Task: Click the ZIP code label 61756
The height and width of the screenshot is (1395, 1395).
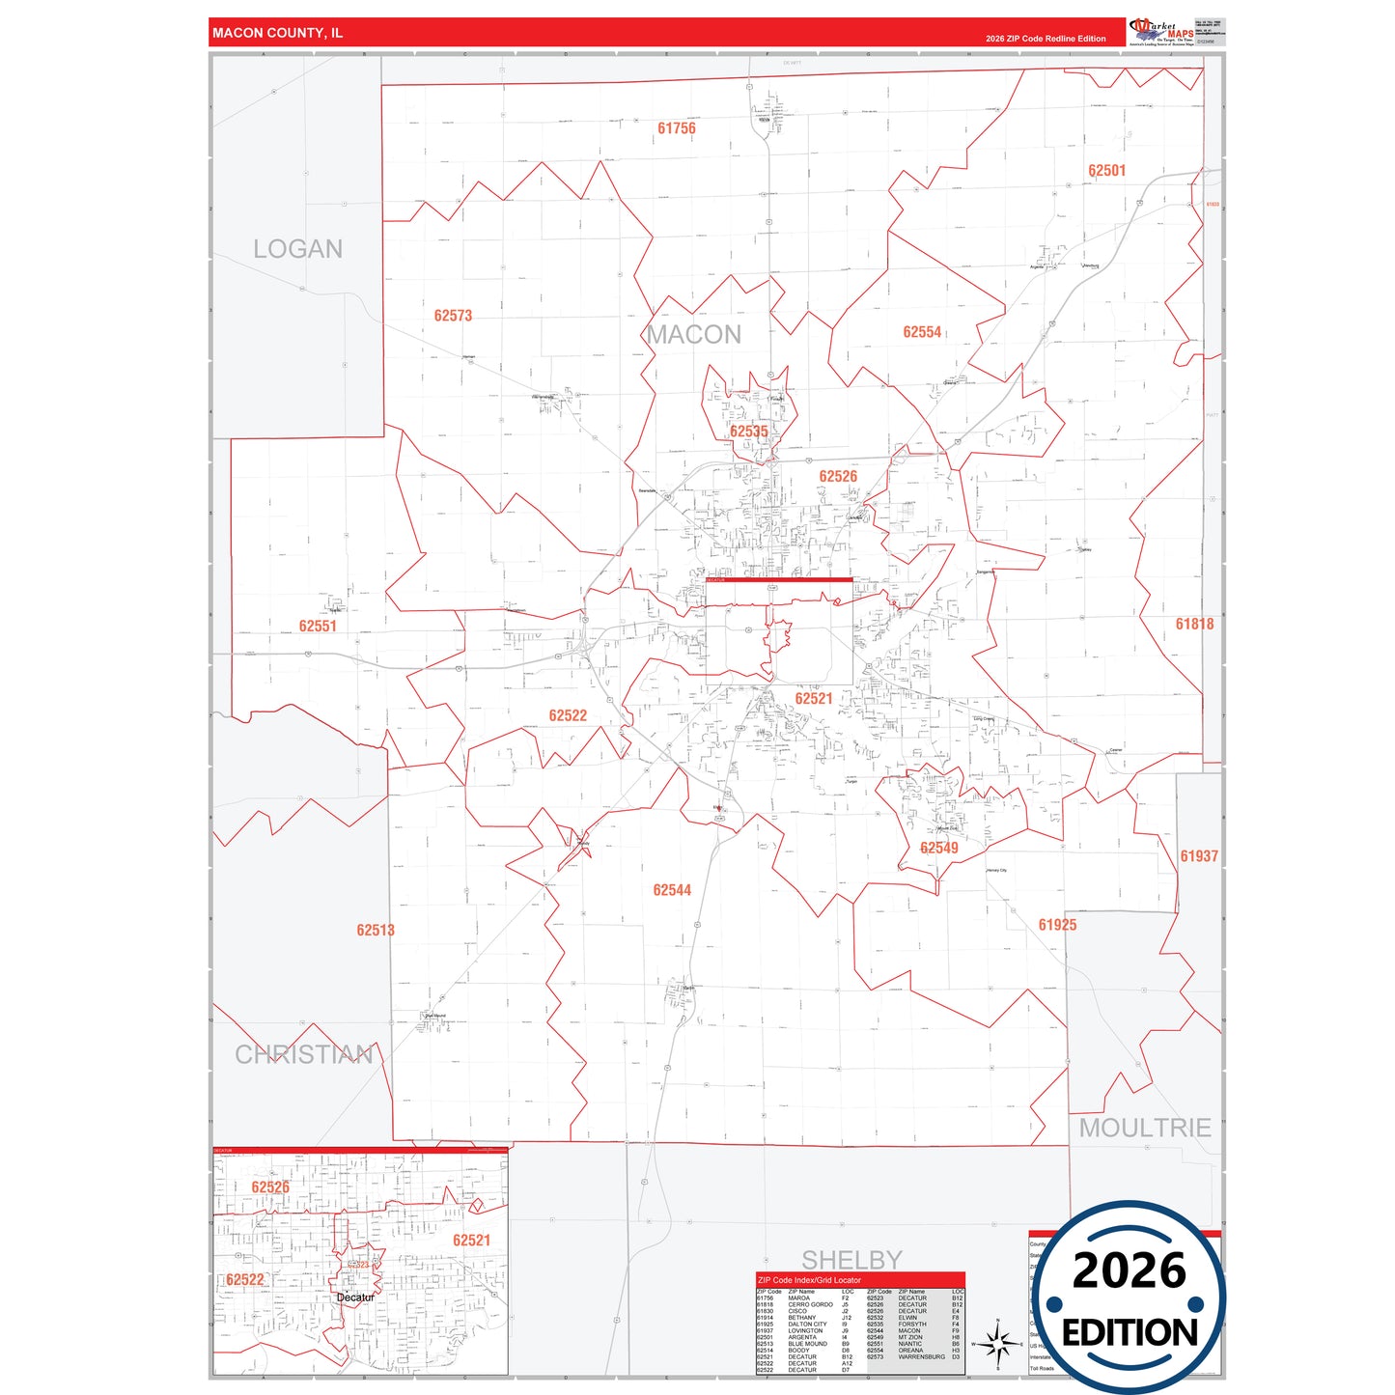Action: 676,128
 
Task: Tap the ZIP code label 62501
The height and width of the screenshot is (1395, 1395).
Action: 1106,171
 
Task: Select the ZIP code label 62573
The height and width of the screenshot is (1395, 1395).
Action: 453,316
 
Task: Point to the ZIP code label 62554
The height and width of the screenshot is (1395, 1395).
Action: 922,332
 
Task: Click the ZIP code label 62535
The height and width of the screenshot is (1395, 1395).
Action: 748,432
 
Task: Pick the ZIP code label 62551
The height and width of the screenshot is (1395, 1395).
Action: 318,627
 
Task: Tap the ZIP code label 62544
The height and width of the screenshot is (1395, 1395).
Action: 672,890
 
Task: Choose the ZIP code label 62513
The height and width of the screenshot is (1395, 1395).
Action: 376,931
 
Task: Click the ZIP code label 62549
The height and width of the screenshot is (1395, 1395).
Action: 938,848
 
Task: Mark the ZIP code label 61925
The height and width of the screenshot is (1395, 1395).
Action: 1057,925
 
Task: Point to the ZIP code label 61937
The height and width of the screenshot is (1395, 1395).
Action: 1199,856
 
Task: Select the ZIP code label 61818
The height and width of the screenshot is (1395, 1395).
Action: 1194,624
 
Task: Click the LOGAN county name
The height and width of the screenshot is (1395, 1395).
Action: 297,249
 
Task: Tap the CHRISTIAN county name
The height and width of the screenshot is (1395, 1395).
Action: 304,1054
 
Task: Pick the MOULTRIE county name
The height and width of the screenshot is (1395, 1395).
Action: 1145,1128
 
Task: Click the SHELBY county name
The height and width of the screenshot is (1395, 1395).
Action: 851,1260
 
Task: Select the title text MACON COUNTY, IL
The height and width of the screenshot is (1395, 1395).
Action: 278,33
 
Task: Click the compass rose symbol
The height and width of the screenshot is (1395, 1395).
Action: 998,1343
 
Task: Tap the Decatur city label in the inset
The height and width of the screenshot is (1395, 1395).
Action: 355,1297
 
